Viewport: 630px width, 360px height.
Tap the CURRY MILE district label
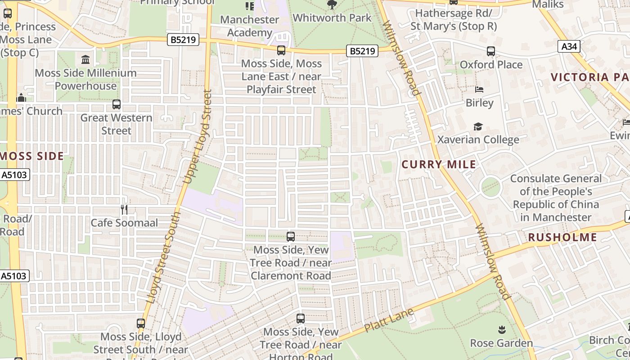(x=439, y=164)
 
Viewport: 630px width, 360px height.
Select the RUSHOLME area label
(x=562, y=237)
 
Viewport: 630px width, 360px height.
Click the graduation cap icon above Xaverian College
(x=478, y=127)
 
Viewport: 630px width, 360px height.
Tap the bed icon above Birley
(x=479, y=90)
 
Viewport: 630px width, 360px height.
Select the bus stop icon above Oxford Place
(x=490, y=51)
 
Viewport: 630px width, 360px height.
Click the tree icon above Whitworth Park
(x=332, y=5)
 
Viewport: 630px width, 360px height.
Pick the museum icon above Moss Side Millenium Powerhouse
(x=85, y=59)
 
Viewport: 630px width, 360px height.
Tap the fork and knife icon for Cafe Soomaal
(x=124, y=209)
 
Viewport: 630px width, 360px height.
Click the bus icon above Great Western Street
(x=116, y=104)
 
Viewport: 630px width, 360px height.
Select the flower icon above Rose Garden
(x=501, y=330)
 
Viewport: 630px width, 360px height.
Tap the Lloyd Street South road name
(x=163, y=257)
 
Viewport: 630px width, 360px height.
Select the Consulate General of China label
(x=556, y=198)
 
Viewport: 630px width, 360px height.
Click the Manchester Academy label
(x=249, y=26)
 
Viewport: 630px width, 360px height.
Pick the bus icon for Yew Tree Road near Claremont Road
(x=291, y=236)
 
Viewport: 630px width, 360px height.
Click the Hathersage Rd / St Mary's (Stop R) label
(x=454, y=19)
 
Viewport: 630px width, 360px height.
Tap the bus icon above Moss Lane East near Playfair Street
(x=281, y=50)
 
